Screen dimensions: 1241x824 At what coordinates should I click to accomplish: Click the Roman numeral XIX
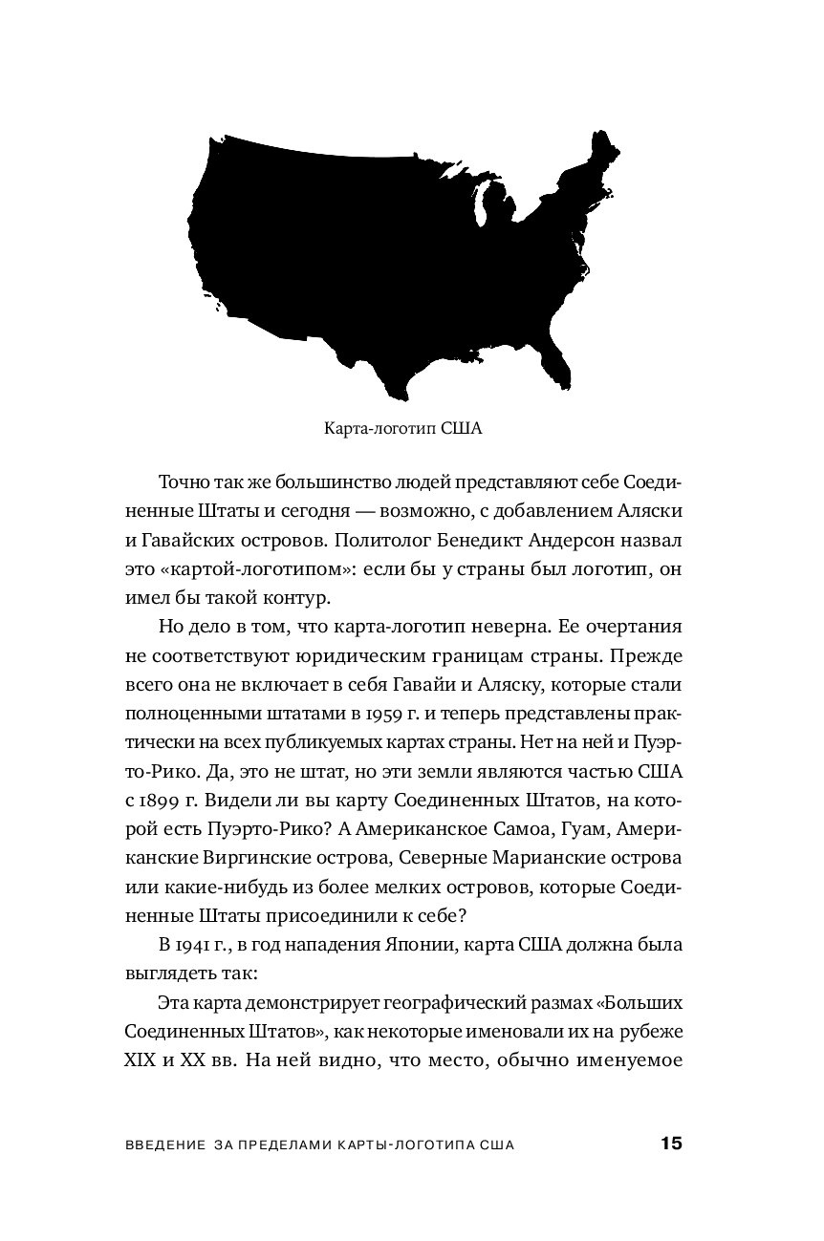(143, 1059)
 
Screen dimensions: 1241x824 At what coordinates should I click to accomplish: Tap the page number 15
(670, 1145)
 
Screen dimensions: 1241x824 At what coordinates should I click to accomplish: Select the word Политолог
(365, 540)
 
